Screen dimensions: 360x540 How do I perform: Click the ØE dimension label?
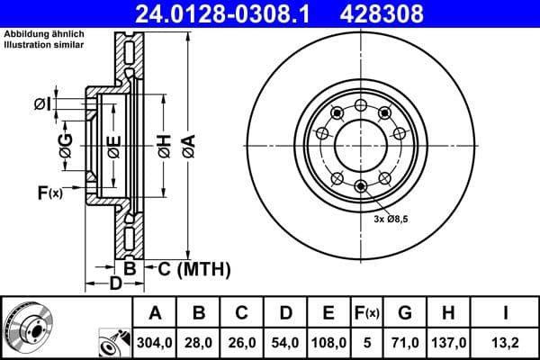click(113, 147)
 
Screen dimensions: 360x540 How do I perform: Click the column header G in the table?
click(404, 312)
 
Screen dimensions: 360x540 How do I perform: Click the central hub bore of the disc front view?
click(360, 146)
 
